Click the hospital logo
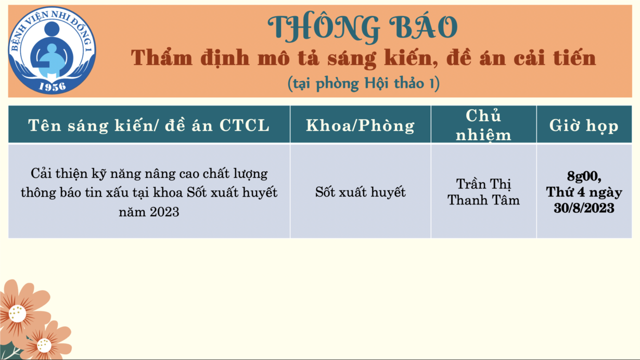(52, 50)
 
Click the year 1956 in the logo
(52, 86)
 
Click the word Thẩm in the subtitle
(162, 57)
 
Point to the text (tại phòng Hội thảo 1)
(363, 84)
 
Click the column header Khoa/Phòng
(360, 125)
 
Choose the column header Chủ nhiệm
(483, 125)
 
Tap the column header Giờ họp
(584, 126)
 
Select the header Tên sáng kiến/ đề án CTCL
(149, 125)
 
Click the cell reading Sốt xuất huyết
(360, 192)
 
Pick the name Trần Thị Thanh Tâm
(483, 192)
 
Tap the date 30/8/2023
(584, 208)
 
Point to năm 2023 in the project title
(149, 212)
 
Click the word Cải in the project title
(41, 173)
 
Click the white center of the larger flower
(17, 313)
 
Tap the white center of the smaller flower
(44, 345)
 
